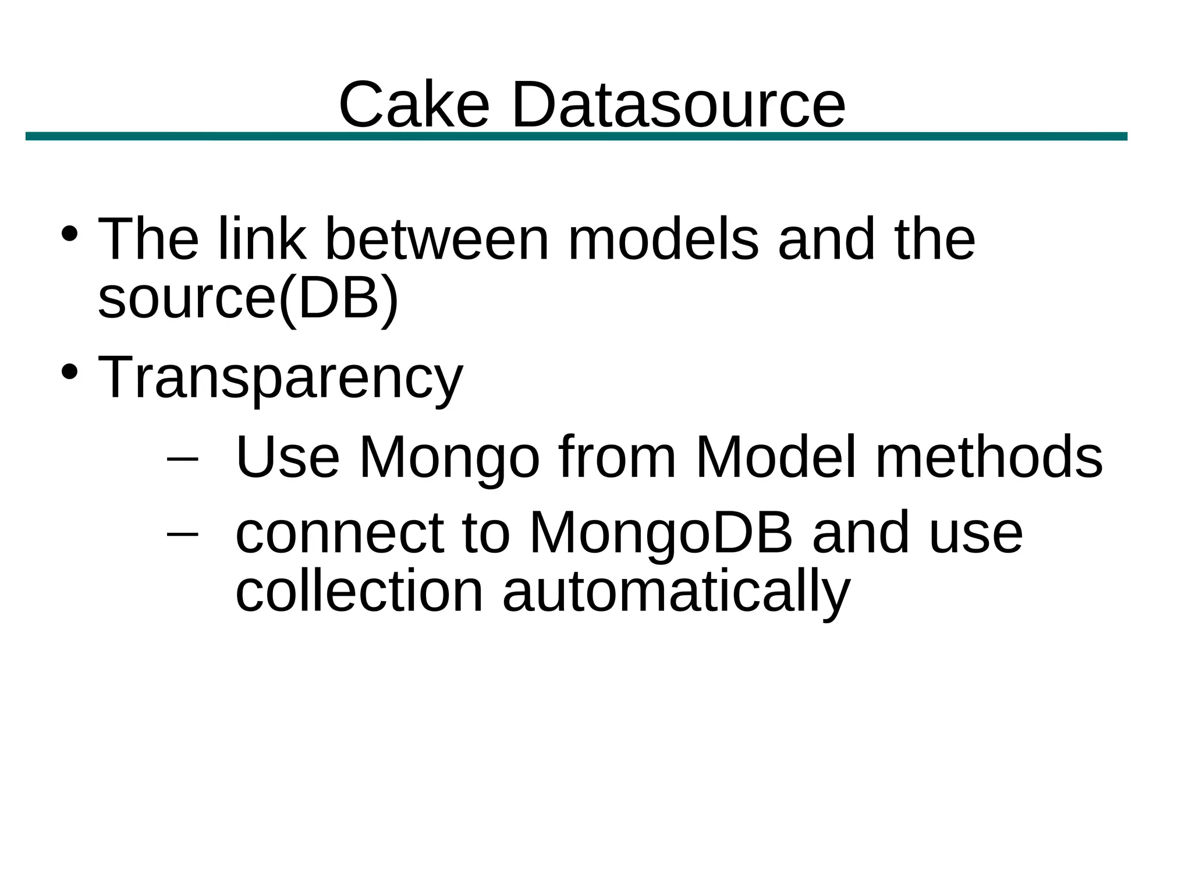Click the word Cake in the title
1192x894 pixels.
414,105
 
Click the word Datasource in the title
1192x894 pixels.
678,105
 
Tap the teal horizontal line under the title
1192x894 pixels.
576,136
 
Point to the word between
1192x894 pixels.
437,239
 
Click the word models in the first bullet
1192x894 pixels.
663,239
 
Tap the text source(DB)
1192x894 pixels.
248,298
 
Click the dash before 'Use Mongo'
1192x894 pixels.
182,458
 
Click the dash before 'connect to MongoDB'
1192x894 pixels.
182,533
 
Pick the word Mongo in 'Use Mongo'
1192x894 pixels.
449,458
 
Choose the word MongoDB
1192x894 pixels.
661,533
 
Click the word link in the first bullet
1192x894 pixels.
261,239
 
